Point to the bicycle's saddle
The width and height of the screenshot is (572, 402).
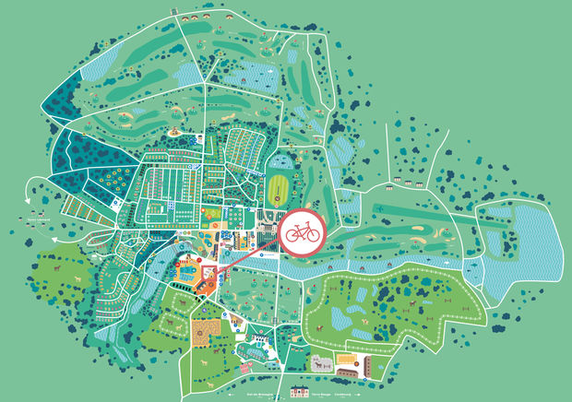(x=296, y=223)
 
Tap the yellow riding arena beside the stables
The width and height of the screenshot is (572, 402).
(x=347, y=358)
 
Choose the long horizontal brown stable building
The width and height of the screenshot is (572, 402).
(x=349, y=373)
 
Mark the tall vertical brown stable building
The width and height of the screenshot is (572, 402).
(x=368, y=365)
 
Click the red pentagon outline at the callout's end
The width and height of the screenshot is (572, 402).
(x=209, y=274)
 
